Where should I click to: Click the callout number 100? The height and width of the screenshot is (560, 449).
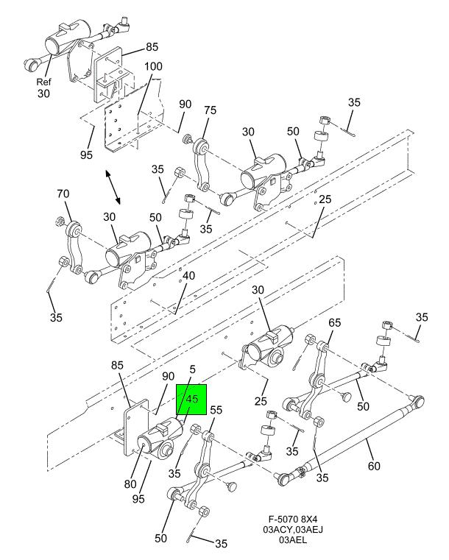click(x=153, y=67)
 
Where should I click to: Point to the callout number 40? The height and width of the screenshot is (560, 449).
click(x=189, y=276)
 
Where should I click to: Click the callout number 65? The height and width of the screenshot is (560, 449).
click(x=334, y=323)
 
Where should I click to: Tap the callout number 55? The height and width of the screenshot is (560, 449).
click(x=216, y=411)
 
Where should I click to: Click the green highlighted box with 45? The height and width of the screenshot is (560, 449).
click(x=191, y=400)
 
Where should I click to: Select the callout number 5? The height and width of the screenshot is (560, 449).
click(x=192, y=372)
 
